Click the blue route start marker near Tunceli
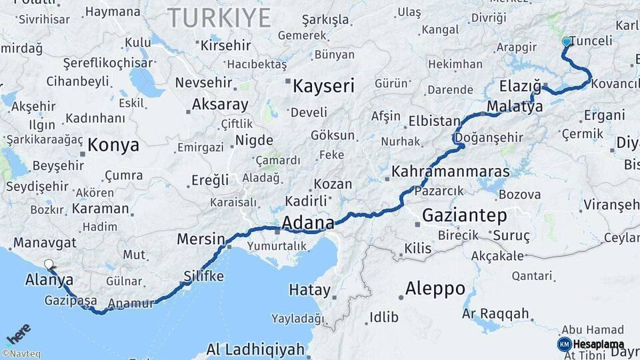(566, 41)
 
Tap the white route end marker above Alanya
(48, 264)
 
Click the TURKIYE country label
(219, 17)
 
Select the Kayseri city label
(323, 85)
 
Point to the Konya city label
(113, 145)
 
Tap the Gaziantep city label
(464, 216)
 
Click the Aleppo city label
(435, 289)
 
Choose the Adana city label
(307, 223)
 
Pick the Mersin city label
(201, 239)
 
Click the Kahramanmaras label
(451, 172)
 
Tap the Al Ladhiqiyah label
(255, 349)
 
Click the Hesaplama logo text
(598, 344)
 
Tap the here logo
(19, 333)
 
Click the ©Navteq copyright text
(21, 354)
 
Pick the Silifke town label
(203, 276)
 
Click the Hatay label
(309, 290)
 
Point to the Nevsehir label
(203, 83)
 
